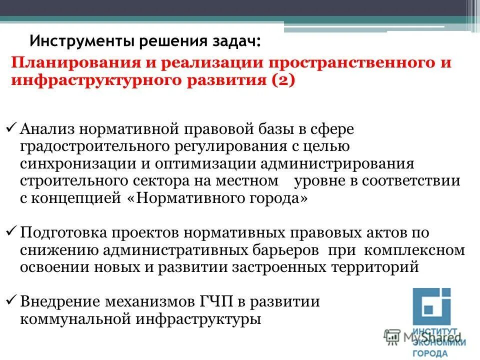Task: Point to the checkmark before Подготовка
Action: [x=13, y=232]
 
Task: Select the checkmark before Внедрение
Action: [x=13, y=301]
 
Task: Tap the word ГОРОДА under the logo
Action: [x=430, y=353]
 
